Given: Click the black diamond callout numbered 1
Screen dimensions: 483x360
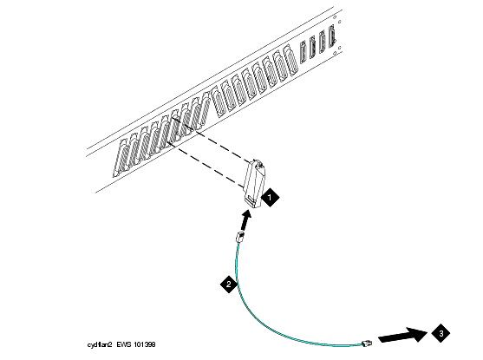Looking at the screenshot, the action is pos(271,197).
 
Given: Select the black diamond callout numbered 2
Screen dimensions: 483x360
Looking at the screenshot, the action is pos(229,284).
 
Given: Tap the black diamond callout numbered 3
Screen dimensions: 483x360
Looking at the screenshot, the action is pos(441,333).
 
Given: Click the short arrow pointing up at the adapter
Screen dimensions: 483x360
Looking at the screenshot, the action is pos(245,219).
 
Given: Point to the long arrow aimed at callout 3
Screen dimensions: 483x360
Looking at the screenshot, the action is pos(403,335).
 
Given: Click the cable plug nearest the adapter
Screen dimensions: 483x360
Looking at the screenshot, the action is pos(239,237).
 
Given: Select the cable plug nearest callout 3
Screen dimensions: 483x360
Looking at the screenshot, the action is pos(367,343).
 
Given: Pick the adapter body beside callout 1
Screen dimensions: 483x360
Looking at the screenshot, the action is pos(254,184).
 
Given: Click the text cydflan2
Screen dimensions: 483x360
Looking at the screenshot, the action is pos(100,344).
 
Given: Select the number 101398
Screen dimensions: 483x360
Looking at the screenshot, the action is pos(145,344).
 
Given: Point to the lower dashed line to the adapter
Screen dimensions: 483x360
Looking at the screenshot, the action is pos(206,164).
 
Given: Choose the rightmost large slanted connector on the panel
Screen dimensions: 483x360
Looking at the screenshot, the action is pos(290,60).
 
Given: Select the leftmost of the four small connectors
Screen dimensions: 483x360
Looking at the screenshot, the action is pos(304,52).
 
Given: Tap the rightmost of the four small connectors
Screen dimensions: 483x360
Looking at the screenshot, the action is pos(332,36).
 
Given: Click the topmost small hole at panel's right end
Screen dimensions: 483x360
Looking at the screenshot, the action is pos(339,22).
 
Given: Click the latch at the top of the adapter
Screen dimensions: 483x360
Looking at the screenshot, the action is pos(258,164).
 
